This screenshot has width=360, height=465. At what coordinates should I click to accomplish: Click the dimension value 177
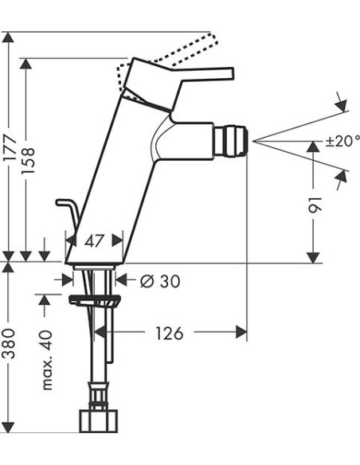click(10, 159)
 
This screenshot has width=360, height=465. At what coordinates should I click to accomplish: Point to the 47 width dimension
click(95, 240)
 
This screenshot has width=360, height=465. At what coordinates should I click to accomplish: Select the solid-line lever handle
click(199, 75)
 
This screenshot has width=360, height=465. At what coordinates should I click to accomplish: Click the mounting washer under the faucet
click(95, 300)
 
